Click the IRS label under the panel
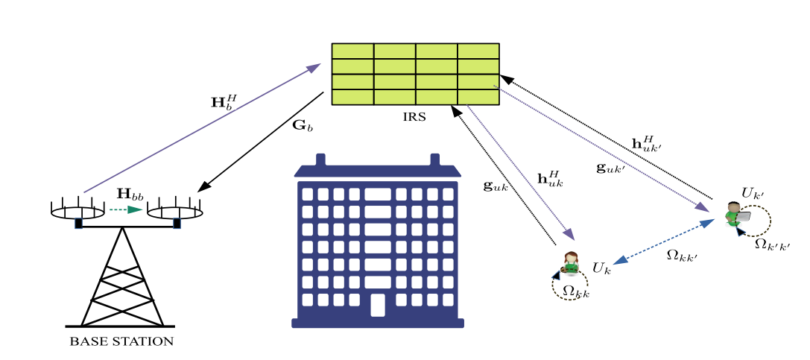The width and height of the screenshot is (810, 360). [x=415, y=117]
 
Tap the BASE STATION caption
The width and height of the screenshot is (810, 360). [x=122, y=341]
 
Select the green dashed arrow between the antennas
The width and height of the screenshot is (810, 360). [x=125, y=209]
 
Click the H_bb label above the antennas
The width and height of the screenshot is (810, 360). [x=130, y=195]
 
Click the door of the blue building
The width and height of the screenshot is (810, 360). [x=378, y=305]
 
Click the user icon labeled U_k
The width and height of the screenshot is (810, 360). [x=570, y=263]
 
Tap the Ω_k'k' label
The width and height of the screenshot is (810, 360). [x=772, y=244]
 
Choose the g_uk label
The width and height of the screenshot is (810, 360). [x=496, y=186]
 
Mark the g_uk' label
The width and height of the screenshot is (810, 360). [x=612, y=168]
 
